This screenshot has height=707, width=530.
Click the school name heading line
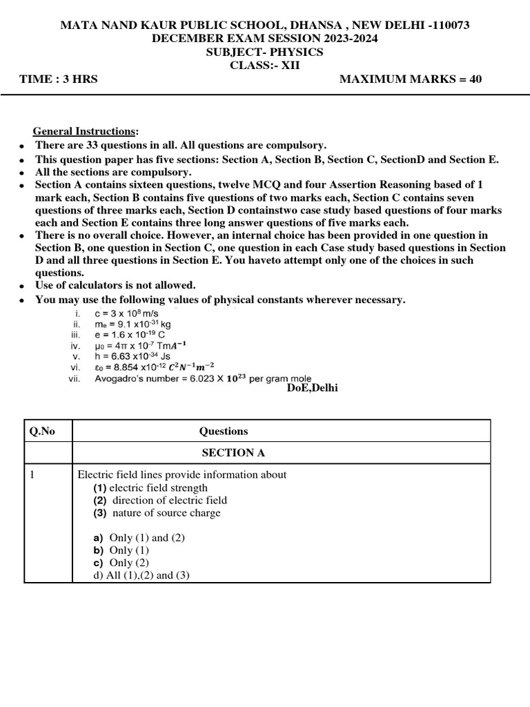coord(265,25)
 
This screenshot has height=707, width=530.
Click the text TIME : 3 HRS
coord(59,79)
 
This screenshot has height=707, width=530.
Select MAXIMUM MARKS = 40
coord(411,79)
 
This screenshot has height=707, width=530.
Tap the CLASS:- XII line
coord(265,65)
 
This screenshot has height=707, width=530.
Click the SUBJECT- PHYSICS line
coord(265,52)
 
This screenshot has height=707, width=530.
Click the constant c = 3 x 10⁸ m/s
coord(128,313)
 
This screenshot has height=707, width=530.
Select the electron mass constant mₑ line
coord(132,324)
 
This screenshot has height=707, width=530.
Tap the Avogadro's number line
coord(203,379)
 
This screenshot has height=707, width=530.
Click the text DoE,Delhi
coord(313,387)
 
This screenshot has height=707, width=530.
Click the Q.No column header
coord(41,431)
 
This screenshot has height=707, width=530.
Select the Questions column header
coord(224,431)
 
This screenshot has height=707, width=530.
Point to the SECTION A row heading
coord(233,453)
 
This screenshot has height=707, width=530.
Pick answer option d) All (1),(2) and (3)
coord(135,575)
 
